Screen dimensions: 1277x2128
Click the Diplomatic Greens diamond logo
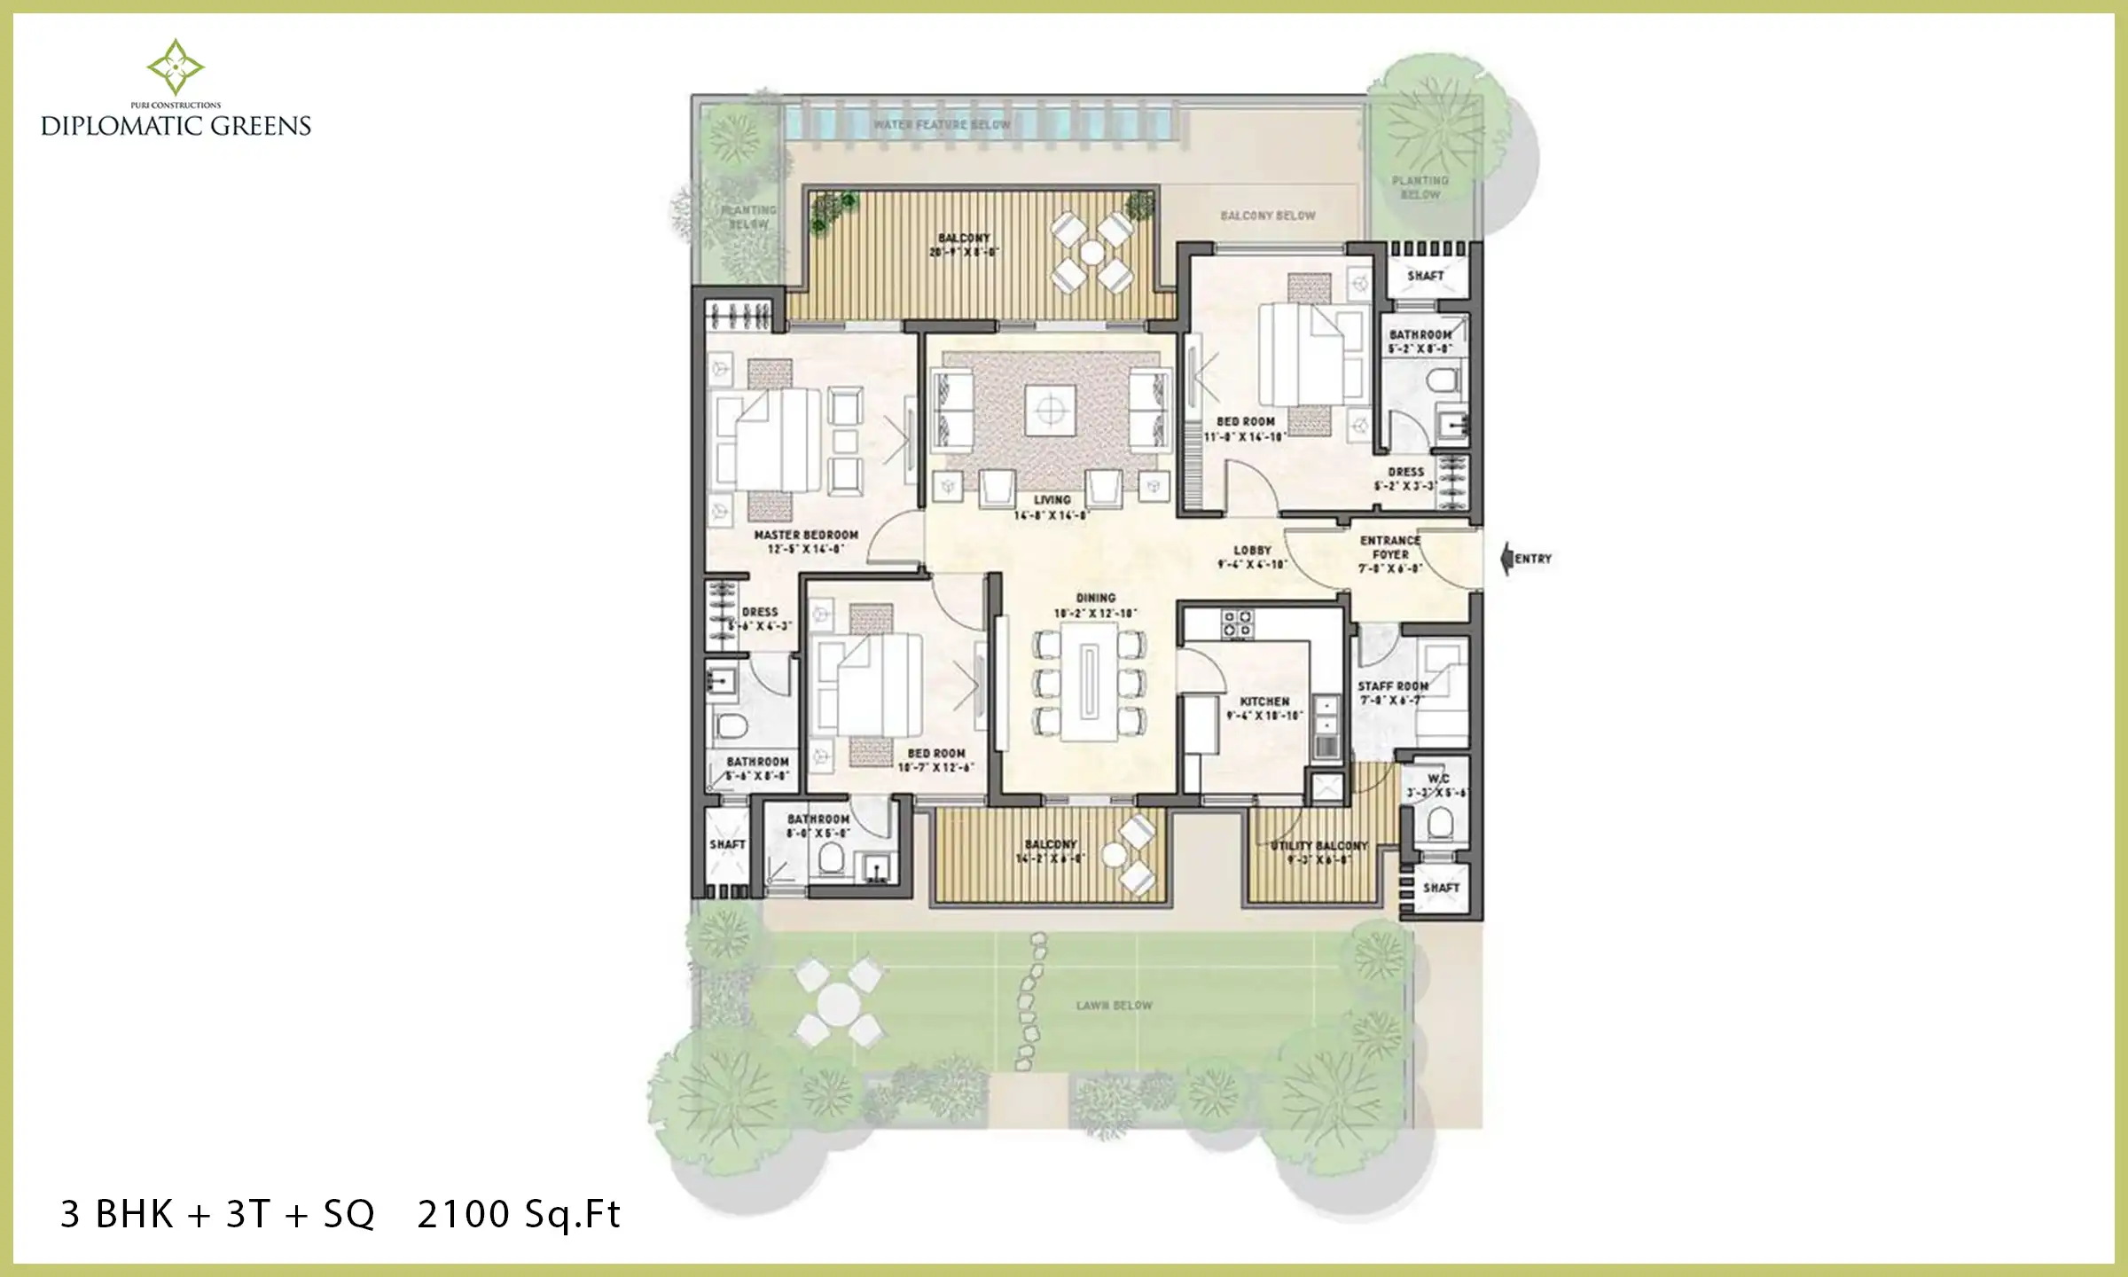(176, 67)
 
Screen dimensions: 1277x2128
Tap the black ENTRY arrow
(1506, 559)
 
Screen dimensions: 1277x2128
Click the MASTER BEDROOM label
(806, 536)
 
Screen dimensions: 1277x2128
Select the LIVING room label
(1052, 500)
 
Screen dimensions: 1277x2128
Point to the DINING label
(1096, 599)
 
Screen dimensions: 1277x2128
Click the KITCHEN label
(1264, 701)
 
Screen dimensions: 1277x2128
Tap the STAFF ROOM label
(1392, 686)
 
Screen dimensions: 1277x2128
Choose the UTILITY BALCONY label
(1318, 846)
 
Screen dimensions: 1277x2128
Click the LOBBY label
(1252, 551)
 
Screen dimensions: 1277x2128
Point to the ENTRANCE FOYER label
(1390, 547)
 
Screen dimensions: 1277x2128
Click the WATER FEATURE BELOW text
(942, 125)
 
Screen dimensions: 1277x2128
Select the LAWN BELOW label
(1114, 1006)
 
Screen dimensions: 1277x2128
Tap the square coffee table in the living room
(1051, 411)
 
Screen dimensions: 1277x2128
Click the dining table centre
(1090, 682)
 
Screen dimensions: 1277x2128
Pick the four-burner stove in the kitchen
(1237, 623)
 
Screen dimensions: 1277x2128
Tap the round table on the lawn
(838, 1006)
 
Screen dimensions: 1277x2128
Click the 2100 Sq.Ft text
(519, 1214)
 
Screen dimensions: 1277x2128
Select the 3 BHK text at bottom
(116, 1214)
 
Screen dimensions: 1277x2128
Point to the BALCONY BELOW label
(1267, 215)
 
